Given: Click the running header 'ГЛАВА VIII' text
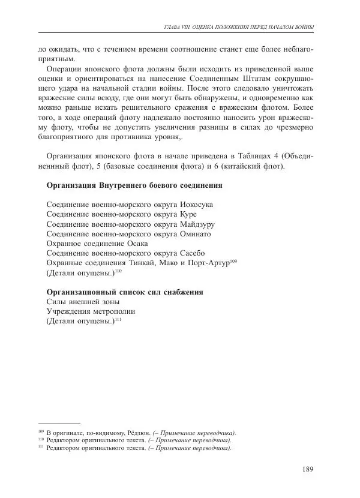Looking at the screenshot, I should (180, 27).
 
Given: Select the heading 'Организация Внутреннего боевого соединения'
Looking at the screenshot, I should (134, 185).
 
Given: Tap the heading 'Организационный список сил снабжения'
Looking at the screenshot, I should (125, 292).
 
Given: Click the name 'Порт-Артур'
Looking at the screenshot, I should (208, 263).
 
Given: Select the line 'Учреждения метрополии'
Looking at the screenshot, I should (91, 311).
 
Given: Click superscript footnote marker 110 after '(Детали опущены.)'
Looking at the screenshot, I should (118, 271).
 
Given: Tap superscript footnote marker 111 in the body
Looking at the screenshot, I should (118, 319).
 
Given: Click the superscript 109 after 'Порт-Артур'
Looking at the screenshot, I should (233, 260).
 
